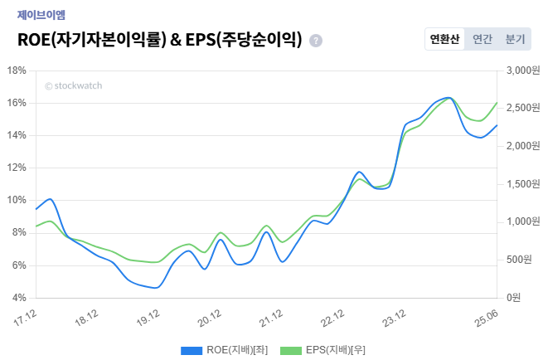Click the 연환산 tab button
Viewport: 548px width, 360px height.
click(444, 39)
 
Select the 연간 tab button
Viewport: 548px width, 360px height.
click(482, 39)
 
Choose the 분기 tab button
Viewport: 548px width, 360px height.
click(515, 39)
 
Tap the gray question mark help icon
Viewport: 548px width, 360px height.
click(316, 41)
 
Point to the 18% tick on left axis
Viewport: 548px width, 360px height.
click(17, 71)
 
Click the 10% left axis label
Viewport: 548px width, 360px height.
click(17, 200)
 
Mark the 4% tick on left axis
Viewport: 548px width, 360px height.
click(18, 298)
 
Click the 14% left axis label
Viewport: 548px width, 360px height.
click(17, 135)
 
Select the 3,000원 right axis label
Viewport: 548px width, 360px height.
click(523, 71)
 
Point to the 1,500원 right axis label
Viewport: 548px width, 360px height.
click(523, 184)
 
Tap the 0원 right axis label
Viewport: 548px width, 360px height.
click(514, 298)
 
